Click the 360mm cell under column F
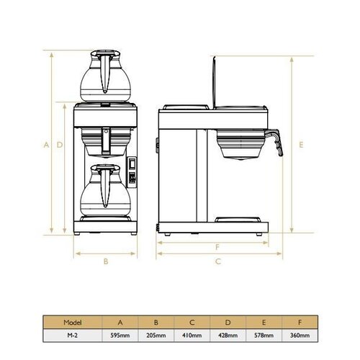click(x=300, y=335)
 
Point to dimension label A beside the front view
click(x=46, y=144)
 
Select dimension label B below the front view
click(x=106, y=261)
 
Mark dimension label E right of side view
click(x=301, y=144)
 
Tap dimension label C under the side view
click(x=217, y=261)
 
